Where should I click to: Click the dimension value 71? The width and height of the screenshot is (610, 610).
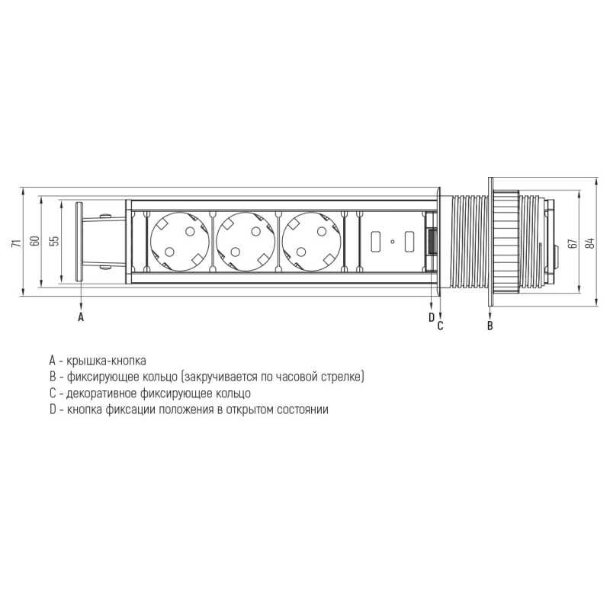[15, 243]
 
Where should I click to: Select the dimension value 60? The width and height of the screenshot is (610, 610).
[35, 240]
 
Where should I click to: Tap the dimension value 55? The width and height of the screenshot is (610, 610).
[55, 240]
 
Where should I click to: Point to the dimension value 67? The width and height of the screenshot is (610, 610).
[573, 243]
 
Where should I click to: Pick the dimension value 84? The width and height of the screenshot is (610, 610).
[591, 243]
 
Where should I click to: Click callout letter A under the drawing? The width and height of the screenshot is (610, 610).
[81, 317]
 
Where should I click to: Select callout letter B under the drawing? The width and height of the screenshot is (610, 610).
[490, 326]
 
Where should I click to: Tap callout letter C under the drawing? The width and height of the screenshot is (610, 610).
[441, 326]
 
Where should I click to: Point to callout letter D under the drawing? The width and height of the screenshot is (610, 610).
[431, 317]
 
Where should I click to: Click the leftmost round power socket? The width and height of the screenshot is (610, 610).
[180, 242]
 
